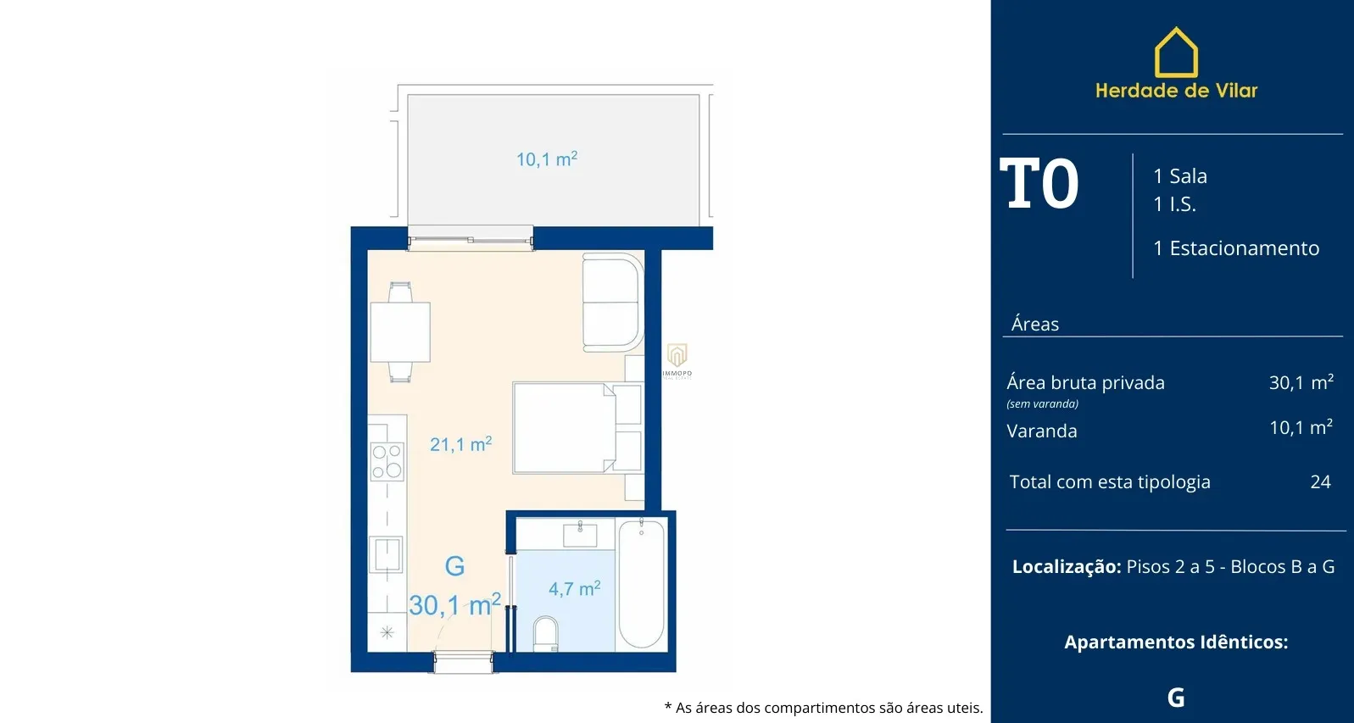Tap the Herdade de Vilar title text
1176,91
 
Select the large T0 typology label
1039,184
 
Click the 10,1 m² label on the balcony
547,159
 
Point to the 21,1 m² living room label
460,444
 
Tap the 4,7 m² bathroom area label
574,588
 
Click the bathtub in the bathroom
641,584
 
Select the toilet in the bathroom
545,633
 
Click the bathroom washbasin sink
580,535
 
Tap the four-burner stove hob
387,461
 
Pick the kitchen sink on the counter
387,554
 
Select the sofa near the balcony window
612,303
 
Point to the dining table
400,332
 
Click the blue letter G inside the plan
454,566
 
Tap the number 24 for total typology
1321,481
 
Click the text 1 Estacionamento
1236,247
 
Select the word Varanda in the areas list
1041,431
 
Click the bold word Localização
1067,566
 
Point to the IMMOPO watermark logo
677,361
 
